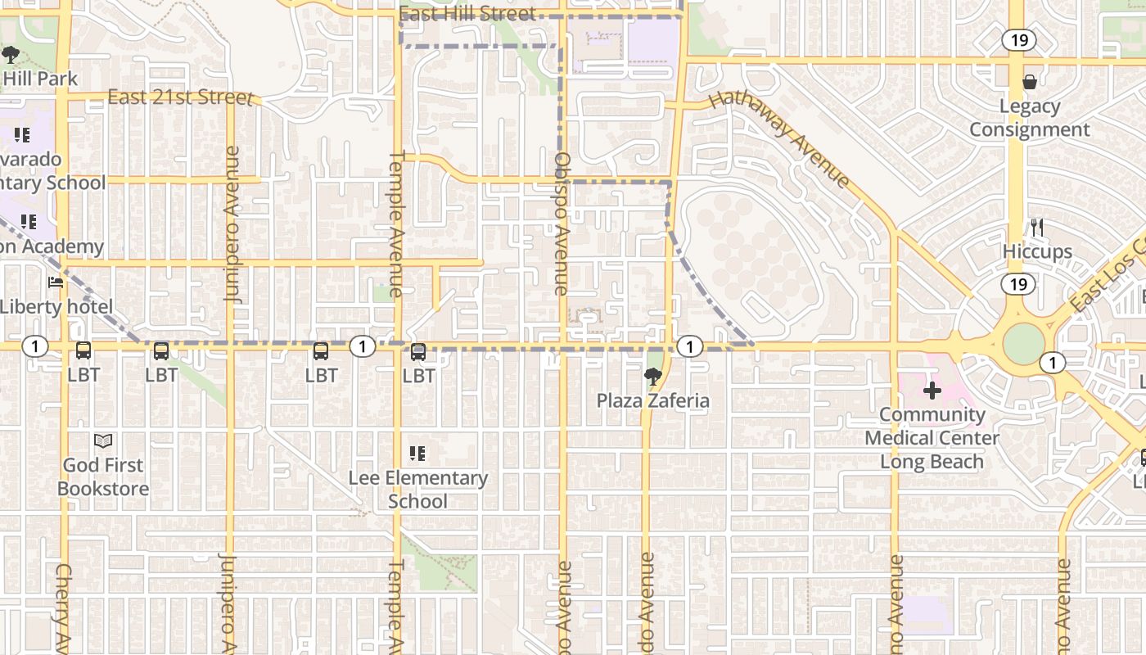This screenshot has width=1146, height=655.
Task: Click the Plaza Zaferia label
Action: (x=652, y=400)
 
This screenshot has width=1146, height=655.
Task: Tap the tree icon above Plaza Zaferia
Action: (x=652, y=377)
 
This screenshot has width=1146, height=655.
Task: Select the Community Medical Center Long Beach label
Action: (x=932, y=438)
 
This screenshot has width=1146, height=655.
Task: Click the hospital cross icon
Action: (x=932, y=391)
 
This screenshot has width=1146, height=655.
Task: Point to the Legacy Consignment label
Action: (x=1029, y=118)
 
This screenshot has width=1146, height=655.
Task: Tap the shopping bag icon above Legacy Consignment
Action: (x=1029, y=82)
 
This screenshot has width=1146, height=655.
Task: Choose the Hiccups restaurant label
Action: (x=1037, y=251)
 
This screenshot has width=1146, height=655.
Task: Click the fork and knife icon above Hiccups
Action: (x=1036, y=227)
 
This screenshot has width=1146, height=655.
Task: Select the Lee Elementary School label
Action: (x=417, y=489)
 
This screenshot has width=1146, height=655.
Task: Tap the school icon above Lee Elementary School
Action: (x=417, y=453)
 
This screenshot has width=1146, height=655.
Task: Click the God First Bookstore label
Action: (x=103, y=477)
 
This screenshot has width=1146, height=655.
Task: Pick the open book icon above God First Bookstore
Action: (x=103, y=441)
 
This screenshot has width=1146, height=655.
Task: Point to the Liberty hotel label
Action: (x=56, y=307)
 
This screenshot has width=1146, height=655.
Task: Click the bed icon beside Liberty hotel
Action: (x=56, y=283)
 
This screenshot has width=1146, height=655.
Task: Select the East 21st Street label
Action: (x=180, y=97)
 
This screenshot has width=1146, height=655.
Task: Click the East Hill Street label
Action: (x=467, y=13)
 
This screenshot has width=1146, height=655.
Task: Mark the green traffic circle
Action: (x=1023, y=344)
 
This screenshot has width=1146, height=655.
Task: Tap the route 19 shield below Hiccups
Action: (x=1018, y=284)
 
